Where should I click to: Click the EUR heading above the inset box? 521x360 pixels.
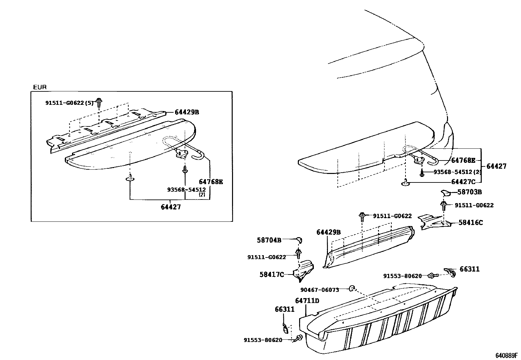coord(40,87)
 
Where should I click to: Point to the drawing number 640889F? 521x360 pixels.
coord(506,355)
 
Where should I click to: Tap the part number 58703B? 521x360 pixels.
coord(469,192)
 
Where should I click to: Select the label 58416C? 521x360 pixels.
coord(471,223)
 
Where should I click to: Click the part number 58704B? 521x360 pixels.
coord(269,240)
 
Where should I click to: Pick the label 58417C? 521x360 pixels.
coord(272,275)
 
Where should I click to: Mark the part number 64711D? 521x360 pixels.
coord(307,300)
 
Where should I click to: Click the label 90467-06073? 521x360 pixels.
coord(320,290)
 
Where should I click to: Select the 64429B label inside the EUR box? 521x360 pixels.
coord(187,112)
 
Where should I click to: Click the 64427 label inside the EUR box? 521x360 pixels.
coord(171,207)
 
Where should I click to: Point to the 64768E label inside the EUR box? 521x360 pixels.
coord(211,182)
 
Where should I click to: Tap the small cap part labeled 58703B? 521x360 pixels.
coord(445,193)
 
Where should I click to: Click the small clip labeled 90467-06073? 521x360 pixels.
coord(352,288)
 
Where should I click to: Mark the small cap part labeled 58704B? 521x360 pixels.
coord(299,240)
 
